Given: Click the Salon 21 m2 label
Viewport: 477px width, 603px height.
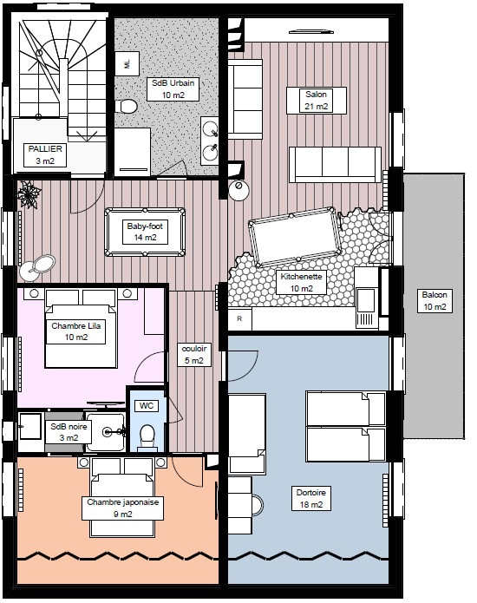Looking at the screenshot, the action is [317, 101].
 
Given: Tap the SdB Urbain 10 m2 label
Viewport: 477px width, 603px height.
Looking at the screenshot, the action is [173, 89].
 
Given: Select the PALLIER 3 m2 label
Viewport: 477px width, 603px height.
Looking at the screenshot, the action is [45, 155].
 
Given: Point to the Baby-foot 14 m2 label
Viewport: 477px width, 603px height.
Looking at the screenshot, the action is [145, 232].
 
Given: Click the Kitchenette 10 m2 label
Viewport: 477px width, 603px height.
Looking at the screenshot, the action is [301, 283].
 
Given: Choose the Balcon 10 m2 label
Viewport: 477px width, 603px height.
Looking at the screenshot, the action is [435, 301].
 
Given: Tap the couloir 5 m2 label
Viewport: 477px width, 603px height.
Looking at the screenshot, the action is [194, 355].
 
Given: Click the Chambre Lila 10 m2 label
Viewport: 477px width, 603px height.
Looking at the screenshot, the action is [75, 331].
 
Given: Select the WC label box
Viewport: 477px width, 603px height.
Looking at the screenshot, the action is [147, 406].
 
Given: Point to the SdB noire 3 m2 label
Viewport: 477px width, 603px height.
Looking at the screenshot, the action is [69, 432].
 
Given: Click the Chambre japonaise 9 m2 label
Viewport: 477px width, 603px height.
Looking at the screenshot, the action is [122, 508].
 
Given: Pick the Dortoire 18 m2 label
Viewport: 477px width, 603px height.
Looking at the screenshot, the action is [311, 498].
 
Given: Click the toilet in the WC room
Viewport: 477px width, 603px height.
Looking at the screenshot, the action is [147, 437].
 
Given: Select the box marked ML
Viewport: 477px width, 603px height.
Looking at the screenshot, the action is [127, 64].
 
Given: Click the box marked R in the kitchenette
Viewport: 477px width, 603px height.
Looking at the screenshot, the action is [240, 318].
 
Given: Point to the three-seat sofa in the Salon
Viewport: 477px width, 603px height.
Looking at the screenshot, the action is [335, 164].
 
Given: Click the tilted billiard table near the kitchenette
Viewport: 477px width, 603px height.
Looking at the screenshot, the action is [295, 237].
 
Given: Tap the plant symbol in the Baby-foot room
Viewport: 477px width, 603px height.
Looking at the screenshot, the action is [29, 194].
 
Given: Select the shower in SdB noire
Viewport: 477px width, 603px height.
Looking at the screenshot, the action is [106, 432].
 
